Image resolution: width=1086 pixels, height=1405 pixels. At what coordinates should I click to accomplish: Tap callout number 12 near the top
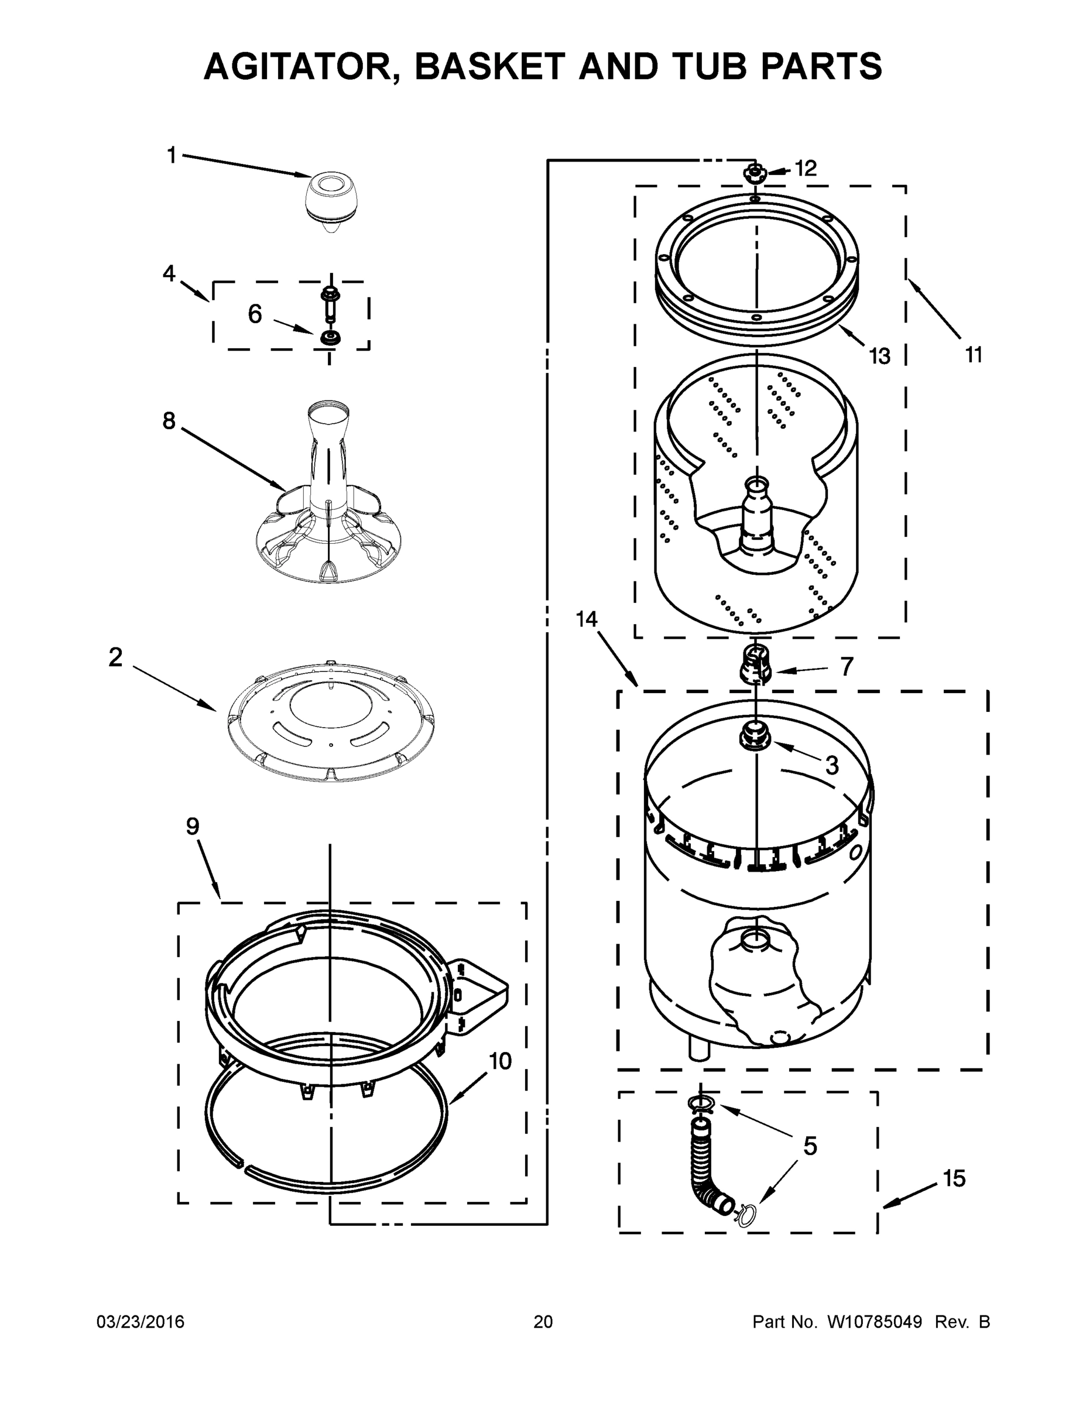pos(805,169)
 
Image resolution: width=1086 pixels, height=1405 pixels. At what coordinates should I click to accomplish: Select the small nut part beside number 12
pos(754,173)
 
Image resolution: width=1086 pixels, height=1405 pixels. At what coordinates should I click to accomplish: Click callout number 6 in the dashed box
pos(255,314)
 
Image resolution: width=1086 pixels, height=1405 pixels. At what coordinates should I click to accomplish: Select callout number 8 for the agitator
pos(169,421)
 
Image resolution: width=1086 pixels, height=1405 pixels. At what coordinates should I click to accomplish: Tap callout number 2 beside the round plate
pos(115,657)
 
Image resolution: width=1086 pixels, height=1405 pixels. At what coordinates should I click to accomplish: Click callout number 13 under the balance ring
pos(879,356)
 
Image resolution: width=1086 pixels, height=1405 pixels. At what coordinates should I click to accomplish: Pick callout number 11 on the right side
pos(974,354)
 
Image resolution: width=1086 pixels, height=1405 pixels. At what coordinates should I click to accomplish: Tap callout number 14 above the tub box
pos(586,619)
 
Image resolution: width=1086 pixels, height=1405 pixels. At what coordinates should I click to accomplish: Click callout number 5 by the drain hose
pos(810,1146)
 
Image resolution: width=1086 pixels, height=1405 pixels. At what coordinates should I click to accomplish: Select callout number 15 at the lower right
pos(954,1178)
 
